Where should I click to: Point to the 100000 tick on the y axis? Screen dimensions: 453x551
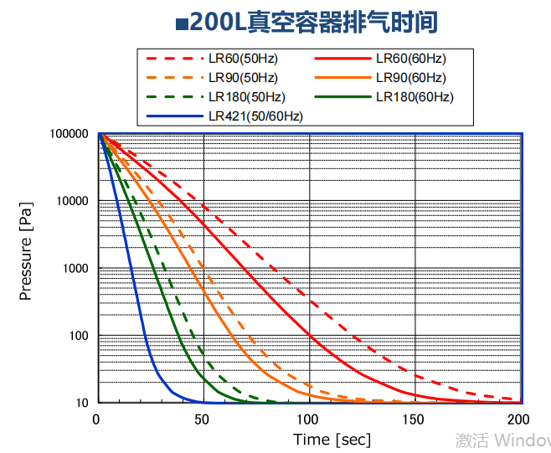(70, 134)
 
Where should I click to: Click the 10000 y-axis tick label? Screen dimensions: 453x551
(72, 201)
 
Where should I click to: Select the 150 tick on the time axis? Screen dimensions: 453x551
(415, 419)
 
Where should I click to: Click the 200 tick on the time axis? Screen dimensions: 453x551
(519, 419)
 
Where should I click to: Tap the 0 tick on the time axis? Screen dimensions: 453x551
(98, 419)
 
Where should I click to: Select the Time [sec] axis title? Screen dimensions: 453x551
(332, 440)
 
